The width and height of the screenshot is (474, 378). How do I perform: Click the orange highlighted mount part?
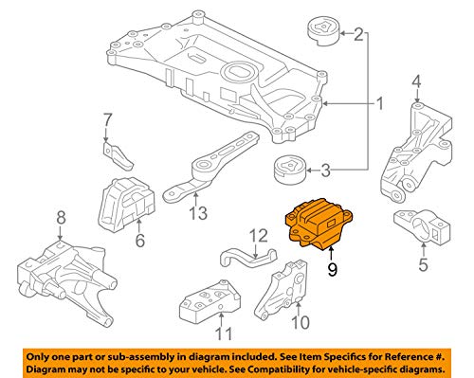click(319, 224)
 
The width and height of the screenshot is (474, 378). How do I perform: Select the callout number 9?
click(332, 270)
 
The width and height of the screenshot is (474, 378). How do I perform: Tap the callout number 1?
click(380, 103)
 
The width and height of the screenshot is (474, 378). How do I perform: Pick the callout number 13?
click(198, 213)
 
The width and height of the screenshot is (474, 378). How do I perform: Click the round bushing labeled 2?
click(323, 32)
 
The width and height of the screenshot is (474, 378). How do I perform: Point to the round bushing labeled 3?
click(290, 170)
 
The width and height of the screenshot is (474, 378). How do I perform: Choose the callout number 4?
click(416, 81)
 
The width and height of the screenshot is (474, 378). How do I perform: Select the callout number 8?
click(61, 218)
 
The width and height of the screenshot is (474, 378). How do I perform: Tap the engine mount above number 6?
click(127, 205)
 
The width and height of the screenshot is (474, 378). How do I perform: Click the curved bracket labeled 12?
click(248, 257)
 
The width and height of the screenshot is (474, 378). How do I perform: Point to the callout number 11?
click(224, 333)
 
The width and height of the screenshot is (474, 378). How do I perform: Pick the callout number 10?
click(301, 322)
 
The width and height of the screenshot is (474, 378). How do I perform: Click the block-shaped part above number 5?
click(422, 226)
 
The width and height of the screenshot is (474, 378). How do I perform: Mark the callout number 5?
click(423, 264)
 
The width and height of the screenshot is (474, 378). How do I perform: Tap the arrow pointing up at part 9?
click(331, 255)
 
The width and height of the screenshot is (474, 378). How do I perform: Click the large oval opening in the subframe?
click(239, 71)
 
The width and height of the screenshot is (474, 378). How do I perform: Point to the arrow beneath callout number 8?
click(61, 233)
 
